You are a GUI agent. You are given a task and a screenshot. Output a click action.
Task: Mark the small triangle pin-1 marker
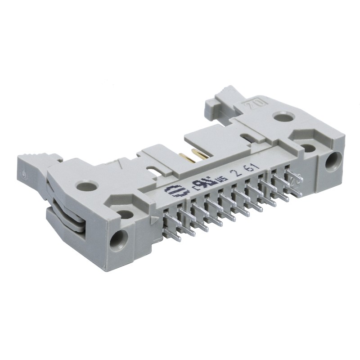156,220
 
